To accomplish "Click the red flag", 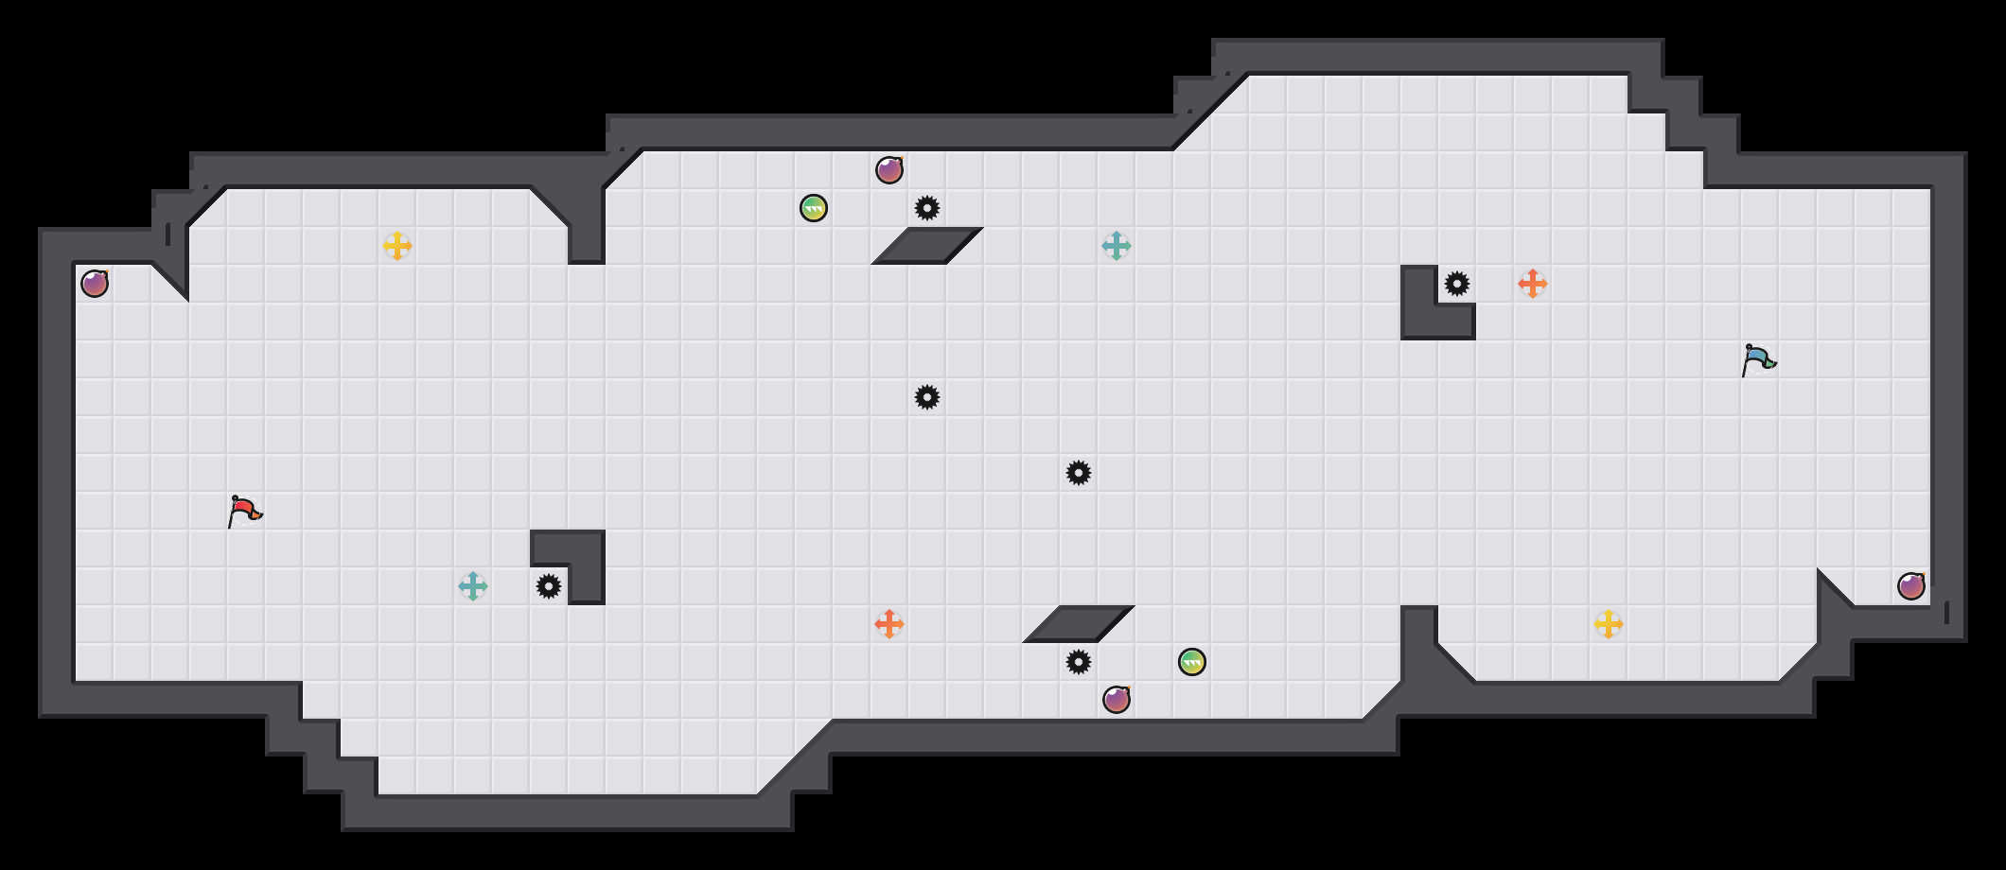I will click(244, 512).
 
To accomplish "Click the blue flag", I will click(1758, 360).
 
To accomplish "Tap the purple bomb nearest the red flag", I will click(95, 284).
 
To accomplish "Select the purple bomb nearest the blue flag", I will click(1911, 586).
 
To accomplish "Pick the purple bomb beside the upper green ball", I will click(889, 170).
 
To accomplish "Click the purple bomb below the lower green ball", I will click(1117, 700).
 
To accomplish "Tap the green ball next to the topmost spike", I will click(814, 208).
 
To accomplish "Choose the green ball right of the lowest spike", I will click(1192, 662).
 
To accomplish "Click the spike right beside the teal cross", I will click(549, 586).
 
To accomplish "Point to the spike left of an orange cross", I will click(1457, 284).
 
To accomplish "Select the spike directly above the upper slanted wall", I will click(927, 208).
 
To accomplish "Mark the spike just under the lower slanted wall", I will click(1079, 662).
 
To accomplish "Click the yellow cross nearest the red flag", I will click(397, 246).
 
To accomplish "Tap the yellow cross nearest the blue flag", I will click(1609, 624).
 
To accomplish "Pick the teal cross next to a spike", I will click(473, 586).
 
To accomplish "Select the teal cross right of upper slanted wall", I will click(1117, 246).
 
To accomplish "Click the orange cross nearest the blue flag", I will click(1533, 284).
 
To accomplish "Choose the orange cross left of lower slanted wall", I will click(889, 624).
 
